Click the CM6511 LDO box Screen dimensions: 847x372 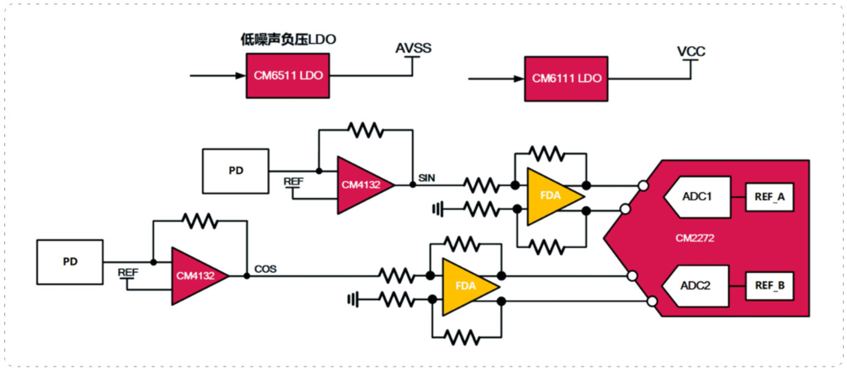click(287, 76)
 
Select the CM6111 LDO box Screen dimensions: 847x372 click(566, 79)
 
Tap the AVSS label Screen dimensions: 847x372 click(413, 48)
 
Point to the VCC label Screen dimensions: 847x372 click(691, 51)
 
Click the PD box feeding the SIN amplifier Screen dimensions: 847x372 click(236, 171)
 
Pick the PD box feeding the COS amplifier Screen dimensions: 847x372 click(70, 262)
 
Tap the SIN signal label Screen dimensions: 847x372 click(426, 177)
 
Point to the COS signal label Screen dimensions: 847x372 click(265, 269)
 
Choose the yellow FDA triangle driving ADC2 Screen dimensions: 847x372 click(470, 287)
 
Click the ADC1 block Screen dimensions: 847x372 click(697, 197)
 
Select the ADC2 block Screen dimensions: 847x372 click(696, 286)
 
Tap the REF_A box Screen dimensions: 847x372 click(770, 197)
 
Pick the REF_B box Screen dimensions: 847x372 click(770, 286)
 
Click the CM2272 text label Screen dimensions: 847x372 click(695, 238)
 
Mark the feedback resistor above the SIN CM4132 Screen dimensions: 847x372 click(365, 130)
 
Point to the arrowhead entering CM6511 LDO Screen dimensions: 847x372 click(241, 76)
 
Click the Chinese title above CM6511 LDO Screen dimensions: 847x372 click(288, 39)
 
